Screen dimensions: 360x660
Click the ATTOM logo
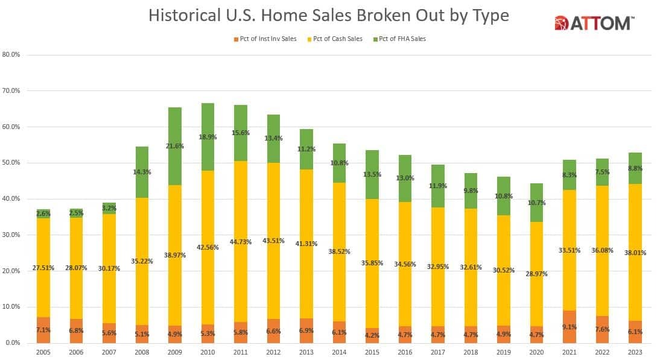594,23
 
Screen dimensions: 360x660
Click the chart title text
329,16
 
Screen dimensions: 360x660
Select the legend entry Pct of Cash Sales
337,39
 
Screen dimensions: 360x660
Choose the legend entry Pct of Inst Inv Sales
265,39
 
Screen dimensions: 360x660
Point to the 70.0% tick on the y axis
11,90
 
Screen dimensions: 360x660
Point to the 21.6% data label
174,147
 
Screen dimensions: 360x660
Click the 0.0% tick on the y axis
11,343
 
